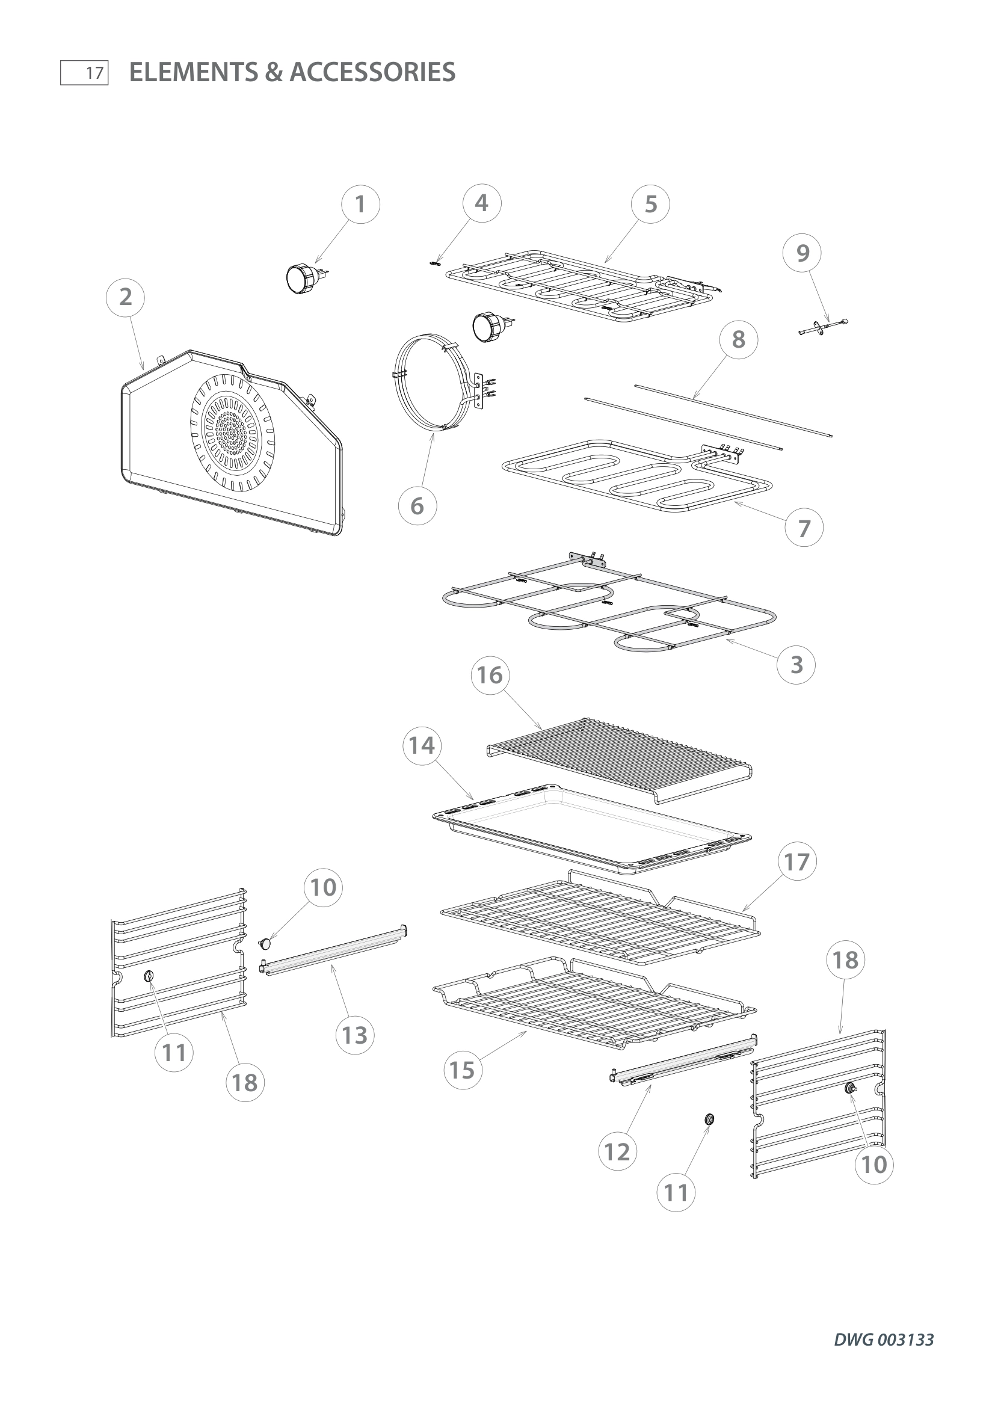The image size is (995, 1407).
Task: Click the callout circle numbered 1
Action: pyautogui.click(x=360, y=204)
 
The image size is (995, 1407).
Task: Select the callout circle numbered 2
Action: pyautogui.click(x=126, y=297)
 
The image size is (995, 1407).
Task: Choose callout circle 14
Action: pyautogui.click(x=422, y=746)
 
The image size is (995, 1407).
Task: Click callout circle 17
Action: pyautogui.click(x=797, y=862)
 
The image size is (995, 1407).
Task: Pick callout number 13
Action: pyautogui.click(x=355, y=1035)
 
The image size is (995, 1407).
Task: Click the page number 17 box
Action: pyautogui.click(x=85, y=73)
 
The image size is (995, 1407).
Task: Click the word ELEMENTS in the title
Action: pyautogui.click(x=194, y=72)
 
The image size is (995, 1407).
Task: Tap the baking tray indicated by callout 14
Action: pyautogui.click(x=591, y=824)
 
